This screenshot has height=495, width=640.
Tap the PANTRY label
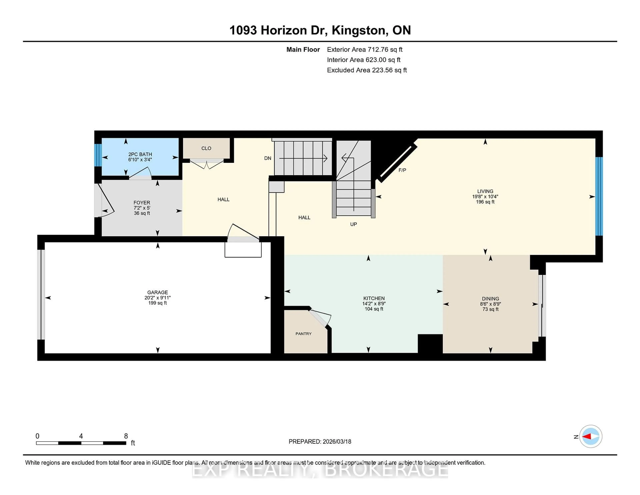(303, 334)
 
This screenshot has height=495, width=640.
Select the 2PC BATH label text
(140, 154)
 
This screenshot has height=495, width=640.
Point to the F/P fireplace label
(402, 170)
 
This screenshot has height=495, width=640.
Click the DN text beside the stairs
(267, 158)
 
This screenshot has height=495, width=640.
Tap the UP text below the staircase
(353, 224)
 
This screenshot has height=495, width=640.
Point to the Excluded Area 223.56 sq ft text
(367, 70)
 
